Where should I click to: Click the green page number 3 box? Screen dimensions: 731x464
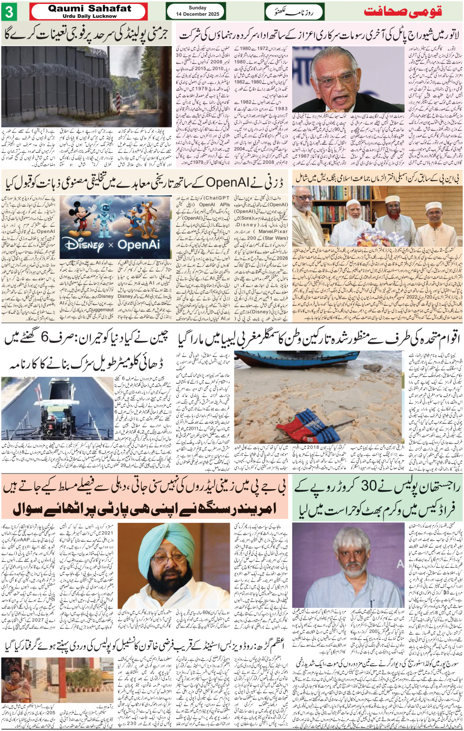point(10,11)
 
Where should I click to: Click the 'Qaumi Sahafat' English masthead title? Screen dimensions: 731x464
point(90,8)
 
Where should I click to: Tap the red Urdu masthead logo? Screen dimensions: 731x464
point(403,11)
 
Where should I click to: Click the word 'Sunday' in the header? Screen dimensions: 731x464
point(197,7)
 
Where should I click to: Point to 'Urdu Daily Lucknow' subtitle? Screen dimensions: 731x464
point(90,16)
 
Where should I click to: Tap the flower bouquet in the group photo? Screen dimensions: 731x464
point(366,239)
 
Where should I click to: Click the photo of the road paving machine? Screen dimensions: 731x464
point(57,409)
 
